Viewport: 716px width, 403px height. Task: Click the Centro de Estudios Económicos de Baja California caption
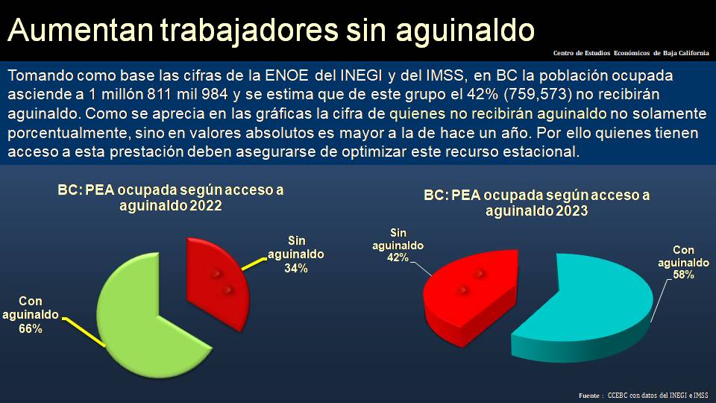coord(631,53)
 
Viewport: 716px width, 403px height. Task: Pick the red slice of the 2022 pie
coord(216,276)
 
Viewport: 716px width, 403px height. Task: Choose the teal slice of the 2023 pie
coord(589,306)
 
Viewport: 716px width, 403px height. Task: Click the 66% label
coord(31,328)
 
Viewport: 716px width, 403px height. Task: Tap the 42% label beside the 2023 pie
coord(398,257)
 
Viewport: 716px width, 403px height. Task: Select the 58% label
coord(683,275)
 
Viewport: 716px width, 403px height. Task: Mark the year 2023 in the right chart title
coord(570,211)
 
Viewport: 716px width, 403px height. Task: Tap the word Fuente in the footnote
coord(590,395)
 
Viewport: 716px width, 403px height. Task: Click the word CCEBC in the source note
coord(618,395)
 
